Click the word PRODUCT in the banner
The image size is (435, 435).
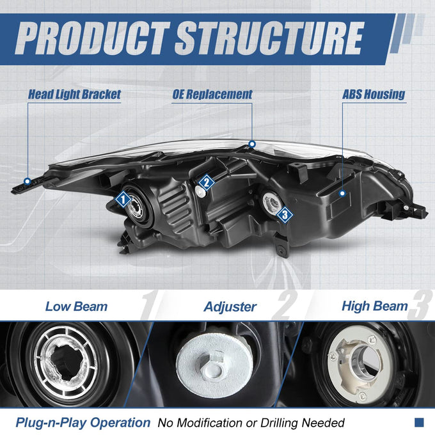(x=92, y=38)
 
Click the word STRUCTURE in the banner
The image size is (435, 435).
(x=269, y=38)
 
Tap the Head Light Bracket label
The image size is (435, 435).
(x=74, y=95)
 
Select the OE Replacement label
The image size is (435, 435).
(x=212, y=94)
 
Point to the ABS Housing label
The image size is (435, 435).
(x=374, y=94)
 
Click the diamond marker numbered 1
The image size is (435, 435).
(x=123, y=199)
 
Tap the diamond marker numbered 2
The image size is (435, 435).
(x=207, y=182)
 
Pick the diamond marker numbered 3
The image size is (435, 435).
(x=285, y=214)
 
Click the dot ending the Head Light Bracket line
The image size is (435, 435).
(x=27, y=182)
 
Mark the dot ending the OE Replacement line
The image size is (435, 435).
(x=252, y=144)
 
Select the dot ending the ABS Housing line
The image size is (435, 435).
(x=343, y=193)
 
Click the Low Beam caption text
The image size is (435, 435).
(x=76, y=306)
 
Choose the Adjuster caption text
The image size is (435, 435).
(x=230, y=307)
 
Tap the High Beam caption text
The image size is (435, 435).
(x=375, y=306)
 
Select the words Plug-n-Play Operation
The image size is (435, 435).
(x=83, y=422)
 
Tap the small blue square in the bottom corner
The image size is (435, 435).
(x=419, y=422)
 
